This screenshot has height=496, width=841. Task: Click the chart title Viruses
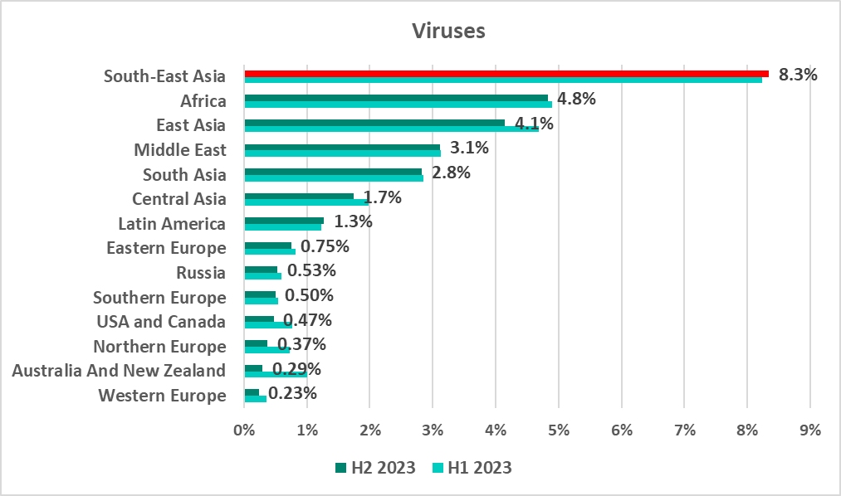449,32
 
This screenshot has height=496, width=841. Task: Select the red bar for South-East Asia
506,74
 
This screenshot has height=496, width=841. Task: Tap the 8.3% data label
798,75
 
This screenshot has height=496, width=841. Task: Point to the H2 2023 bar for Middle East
342,147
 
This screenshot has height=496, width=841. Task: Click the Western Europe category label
162,396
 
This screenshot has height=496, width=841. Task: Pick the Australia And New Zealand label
119,371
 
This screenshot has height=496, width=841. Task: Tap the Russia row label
201,273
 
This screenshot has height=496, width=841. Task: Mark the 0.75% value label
325,247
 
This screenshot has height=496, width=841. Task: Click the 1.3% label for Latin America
353,222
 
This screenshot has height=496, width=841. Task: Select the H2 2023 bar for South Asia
333,172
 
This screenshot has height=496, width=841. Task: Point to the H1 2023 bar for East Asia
392,129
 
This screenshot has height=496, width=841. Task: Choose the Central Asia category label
179,199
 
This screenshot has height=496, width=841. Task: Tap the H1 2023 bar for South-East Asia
503,80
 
